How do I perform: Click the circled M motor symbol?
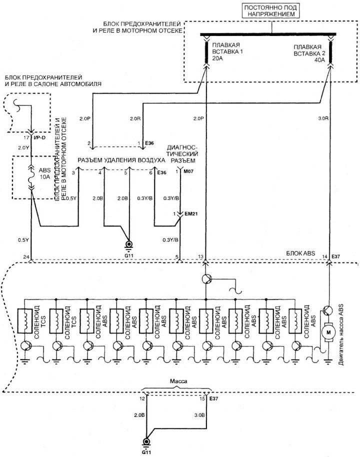328,331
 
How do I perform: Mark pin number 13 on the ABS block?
200,257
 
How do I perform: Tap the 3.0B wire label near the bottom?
198,415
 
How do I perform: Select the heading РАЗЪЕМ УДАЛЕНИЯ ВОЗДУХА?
120,160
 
